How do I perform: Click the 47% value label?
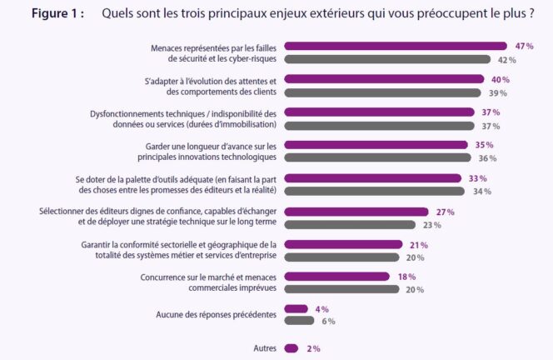(524, 47)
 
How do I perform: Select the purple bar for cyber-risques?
(396, 47)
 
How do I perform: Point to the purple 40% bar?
(383, 80)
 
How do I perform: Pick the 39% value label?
(497, 92)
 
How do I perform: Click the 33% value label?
(477, 178)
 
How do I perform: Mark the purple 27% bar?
(356, 212)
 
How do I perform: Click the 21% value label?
(417, 245)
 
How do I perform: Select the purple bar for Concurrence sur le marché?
(336, 277)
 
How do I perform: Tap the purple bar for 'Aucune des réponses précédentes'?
(296, 309)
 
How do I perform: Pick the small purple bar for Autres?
(291, 348)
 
